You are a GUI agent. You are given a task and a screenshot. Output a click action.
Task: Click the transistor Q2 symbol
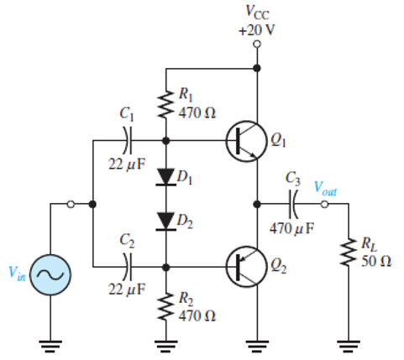[x=243, y=267]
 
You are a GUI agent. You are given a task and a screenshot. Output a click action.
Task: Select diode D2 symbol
[x=165, y=220]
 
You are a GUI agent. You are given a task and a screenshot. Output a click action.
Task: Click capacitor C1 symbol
[x=127, y=141]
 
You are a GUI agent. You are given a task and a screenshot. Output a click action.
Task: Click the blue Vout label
[x=325, y=188]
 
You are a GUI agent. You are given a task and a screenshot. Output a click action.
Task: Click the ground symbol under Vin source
[x=50, y=343]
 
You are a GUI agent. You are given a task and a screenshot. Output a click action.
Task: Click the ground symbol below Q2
[x=257, y=343]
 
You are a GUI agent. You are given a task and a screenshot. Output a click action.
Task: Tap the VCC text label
[x=258, y=13]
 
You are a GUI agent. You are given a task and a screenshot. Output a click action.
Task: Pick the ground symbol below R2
[x=165, y=343]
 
